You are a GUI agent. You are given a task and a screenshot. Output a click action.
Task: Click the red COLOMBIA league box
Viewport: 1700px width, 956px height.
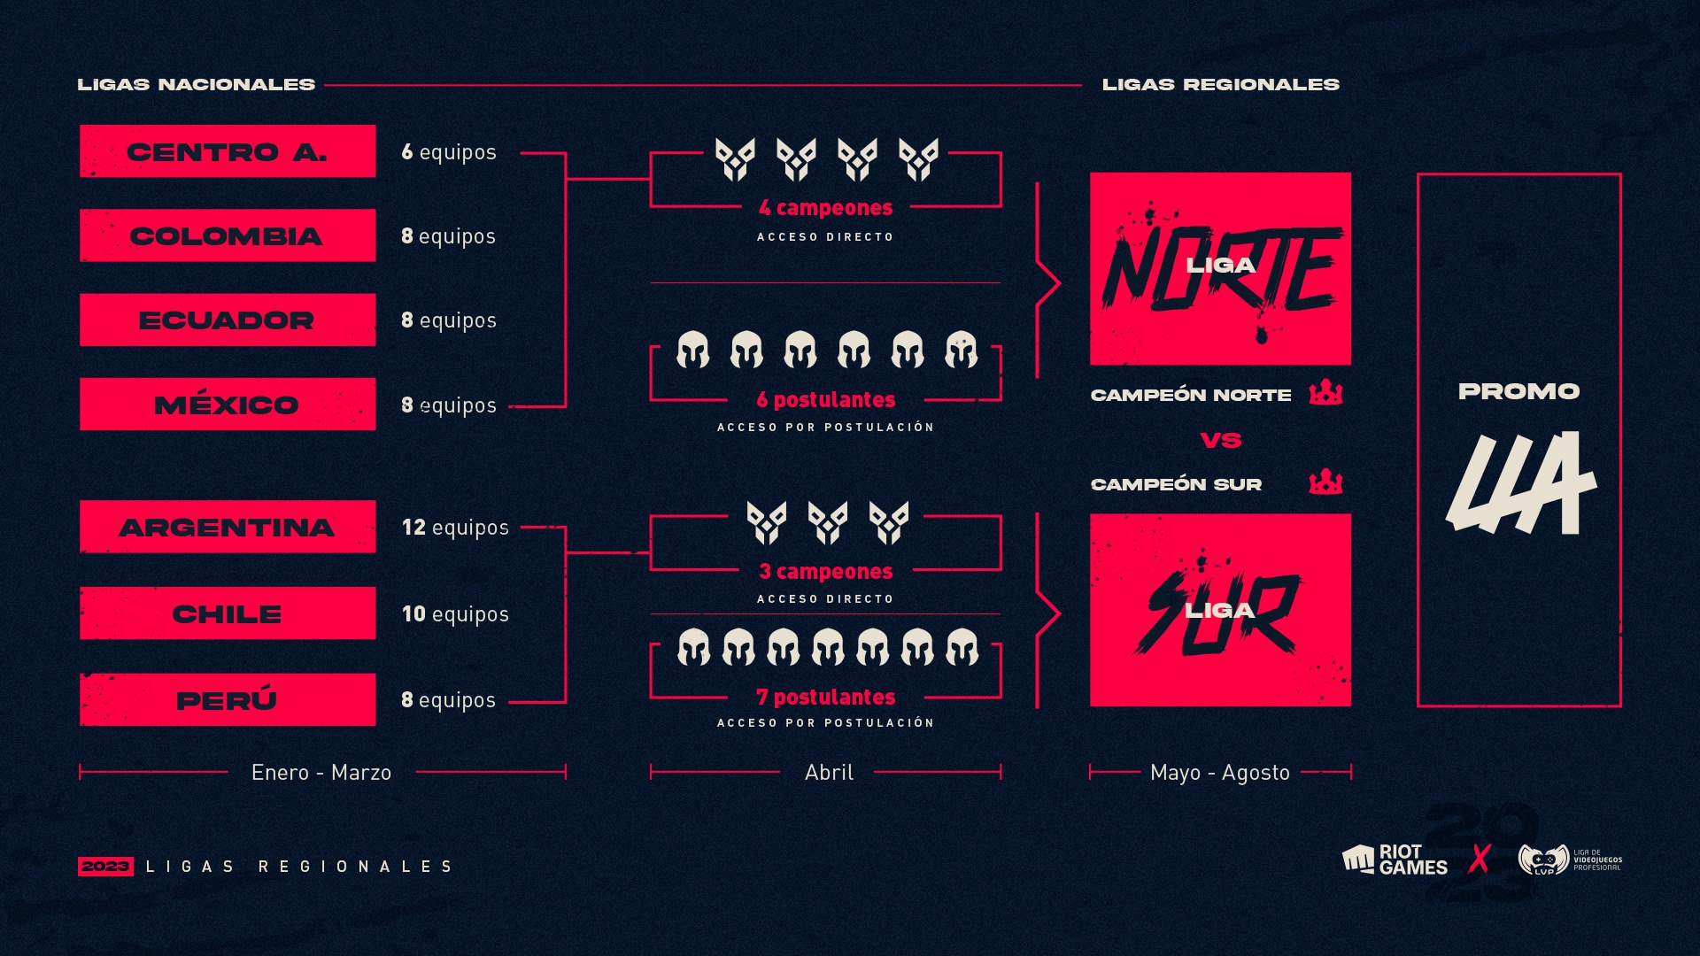pyautogui.click(x=228, y=235)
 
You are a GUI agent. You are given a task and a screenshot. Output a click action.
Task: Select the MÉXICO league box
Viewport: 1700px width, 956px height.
pyautogui.click(x=228, y=405)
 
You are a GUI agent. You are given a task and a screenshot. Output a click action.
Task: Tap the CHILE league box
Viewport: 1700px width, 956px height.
pyautogui.click(x=228, y=613)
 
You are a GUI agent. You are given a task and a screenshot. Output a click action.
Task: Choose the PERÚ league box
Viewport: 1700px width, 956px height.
pyautogui.click(x=228, y=699)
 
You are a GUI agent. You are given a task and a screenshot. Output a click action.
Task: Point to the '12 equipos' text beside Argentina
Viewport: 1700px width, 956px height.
pyautogui.click(x=455, y=528)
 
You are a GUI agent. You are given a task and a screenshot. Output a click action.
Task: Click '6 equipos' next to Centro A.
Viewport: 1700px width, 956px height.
pyautogui.click(x=449, y=152)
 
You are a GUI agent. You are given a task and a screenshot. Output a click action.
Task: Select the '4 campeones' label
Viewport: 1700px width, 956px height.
pyautogui.click(x=826, y=208)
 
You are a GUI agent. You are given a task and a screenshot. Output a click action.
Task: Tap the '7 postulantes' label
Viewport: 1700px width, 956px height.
pyautogui.click(x=826, y=698)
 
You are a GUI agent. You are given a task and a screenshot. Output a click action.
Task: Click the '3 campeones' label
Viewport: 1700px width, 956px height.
pyautogui.click(x=826, y=572)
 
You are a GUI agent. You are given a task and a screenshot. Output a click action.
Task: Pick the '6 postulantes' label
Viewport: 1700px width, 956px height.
pyautogui.click(x=826, y=400)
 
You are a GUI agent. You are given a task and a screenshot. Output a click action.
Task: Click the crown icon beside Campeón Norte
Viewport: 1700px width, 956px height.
pyautogui.click(x=1325, y=391)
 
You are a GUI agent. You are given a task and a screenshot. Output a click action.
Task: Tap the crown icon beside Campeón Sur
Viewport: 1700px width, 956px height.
pyautogui.click(x=1325, y=482)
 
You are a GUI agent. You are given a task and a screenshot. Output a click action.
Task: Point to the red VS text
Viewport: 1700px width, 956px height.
pyautogui.click(x=1221, y=440)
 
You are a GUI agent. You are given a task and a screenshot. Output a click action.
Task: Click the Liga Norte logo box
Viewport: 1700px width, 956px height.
pyautogui.click(x=1220, y=268)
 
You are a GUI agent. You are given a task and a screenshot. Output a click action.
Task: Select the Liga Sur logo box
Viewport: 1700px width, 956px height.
pyautogui.click(x=1220, y=610)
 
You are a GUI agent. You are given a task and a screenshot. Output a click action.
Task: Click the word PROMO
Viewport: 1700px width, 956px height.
pyautogui.click(x=1519, y=391)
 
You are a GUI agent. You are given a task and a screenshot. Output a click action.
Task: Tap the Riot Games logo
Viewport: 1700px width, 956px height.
pyautogui.click(x=1395, y=860)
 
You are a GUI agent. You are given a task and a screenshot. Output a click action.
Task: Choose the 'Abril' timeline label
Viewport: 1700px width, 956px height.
pyautogui.click(x=829, y=773)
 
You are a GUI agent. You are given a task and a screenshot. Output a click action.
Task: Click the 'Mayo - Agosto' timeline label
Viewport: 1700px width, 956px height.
pyautogui.click(x=1220, y=773)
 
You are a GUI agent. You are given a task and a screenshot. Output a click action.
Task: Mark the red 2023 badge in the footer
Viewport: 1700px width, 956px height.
pyautogui.click(x=105, y=866)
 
